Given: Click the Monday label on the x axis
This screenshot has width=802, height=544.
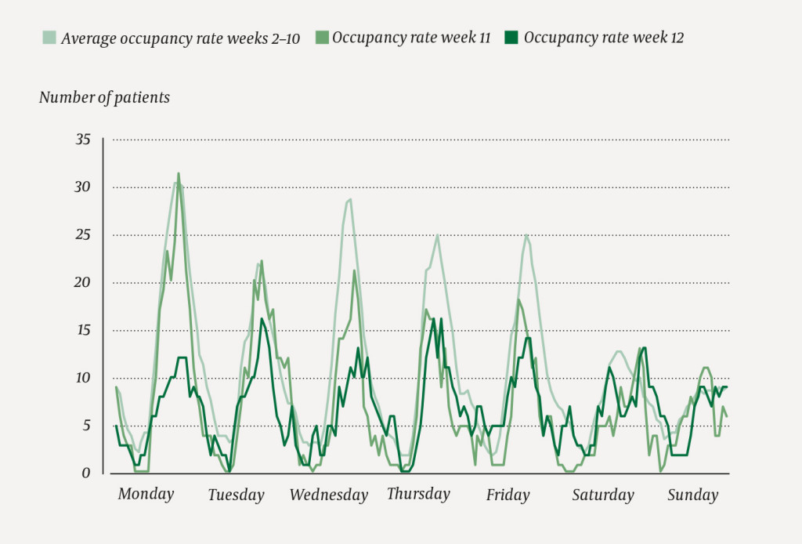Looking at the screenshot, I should (x=145, y=495).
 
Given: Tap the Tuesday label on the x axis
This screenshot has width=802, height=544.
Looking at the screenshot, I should (x=236, y=495).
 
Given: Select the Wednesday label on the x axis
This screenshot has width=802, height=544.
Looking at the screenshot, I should (x=328, y=495).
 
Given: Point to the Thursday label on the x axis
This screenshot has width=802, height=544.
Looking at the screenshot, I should (x=418, y=494).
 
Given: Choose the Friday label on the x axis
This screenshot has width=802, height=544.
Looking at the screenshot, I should (x=508, y=495).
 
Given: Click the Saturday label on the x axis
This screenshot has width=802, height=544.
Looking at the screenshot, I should (x=602, y=495).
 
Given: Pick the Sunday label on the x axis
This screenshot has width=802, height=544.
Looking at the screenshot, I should (x=692, y=495).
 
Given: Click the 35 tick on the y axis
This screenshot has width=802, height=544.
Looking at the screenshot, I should (x=83, y=140).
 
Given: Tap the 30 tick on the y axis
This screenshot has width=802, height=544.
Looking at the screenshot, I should (x=83, y=187).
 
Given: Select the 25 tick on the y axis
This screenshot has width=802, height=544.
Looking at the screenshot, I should (x=83, y=235).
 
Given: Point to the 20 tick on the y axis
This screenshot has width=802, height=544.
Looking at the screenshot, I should (x=83, y=283).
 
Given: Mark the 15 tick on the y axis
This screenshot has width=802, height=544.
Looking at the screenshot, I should (x=83, y=331).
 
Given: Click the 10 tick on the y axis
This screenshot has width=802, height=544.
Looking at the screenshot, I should (x=83, y=378).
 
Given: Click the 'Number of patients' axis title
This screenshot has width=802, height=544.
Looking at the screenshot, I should (x=104, y=98).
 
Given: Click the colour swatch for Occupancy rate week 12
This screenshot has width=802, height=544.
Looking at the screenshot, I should (x=511, y=38).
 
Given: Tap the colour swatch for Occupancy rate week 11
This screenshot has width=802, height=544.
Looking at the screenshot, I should (x=320, y=38).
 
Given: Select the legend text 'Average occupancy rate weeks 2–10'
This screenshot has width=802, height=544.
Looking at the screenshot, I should (x=180, y=38).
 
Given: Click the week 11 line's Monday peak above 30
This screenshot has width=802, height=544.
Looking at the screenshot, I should (x=179, y=174).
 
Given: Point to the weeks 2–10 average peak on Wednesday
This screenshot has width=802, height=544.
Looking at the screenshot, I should (x=349, y=199).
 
